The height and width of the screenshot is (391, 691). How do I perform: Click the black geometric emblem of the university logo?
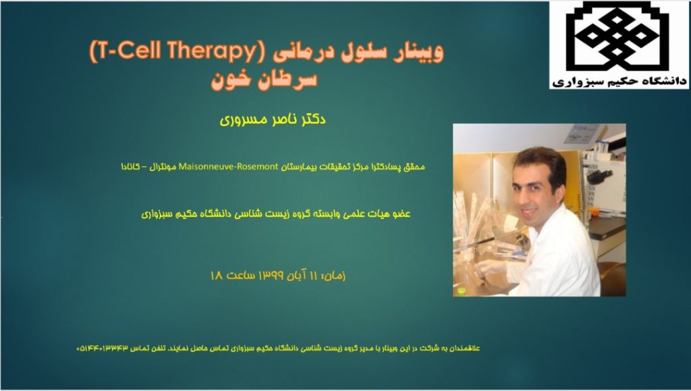[x=617, y=36]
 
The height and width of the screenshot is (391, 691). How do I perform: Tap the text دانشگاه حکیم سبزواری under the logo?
[x=619, y=81]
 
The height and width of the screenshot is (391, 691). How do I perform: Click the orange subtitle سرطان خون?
[x=264, y=80]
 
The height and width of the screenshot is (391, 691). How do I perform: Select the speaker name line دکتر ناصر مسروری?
[x=273, y=119]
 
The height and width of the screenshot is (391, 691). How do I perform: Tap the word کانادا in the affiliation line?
[x=130, y=167]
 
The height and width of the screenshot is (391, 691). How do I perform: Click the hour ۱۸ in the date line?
[x=217, y=276]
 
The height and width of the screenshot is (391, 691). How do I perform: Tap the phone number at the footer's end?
[x=103, y=348]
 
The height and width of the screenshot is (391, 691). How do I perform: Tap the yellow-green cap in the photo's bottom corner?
[x=462, y=290]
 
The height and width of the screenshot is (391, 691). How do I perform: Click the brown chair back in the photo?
[x=613, y=277]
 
